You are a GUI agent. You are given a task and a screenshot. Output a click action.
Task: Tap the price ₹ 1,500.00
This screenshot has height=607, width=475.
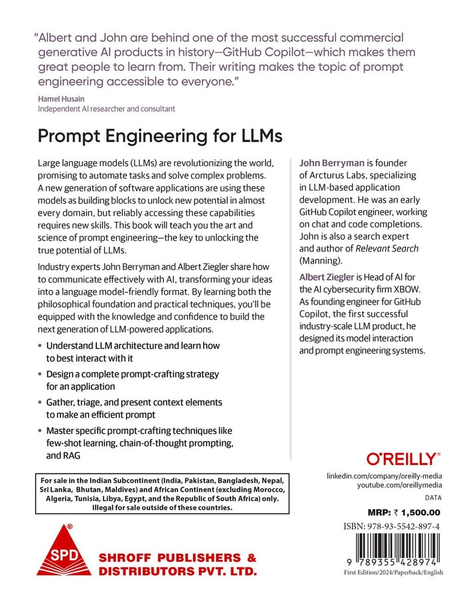(415, 512)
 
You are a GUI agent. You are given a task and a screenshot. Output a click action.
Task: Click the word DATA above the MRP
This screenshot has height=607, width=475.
(433, 498)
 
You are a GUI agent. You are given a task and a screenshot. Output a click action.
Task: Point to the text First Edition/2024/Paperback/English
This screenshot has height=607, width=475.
(393, 572)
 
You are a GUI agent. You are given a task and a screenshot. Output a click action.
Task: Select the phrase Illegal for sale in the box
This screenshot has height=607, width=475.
(126, 508)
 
